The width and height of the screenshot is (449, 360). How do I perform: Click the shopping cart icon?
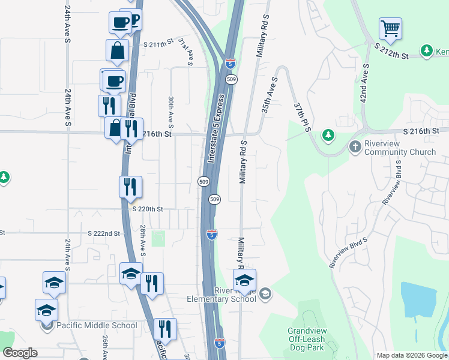coord(390,28)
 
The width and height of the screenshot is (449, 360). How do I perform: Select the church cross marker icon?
coord(355,146)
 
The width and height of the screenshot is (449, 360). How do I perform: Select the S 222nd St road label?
coord(103,233)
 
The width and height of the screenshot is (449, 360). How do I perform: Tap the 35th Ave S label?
coord(268,95)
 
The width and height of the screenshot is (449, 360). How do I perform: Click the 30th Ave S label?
coord(171,112)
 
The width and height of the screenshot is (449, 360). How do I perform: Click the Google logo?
coord(19,353)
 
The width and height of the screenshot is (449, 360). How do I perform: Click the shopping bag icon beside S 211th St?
coord(117,52)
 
